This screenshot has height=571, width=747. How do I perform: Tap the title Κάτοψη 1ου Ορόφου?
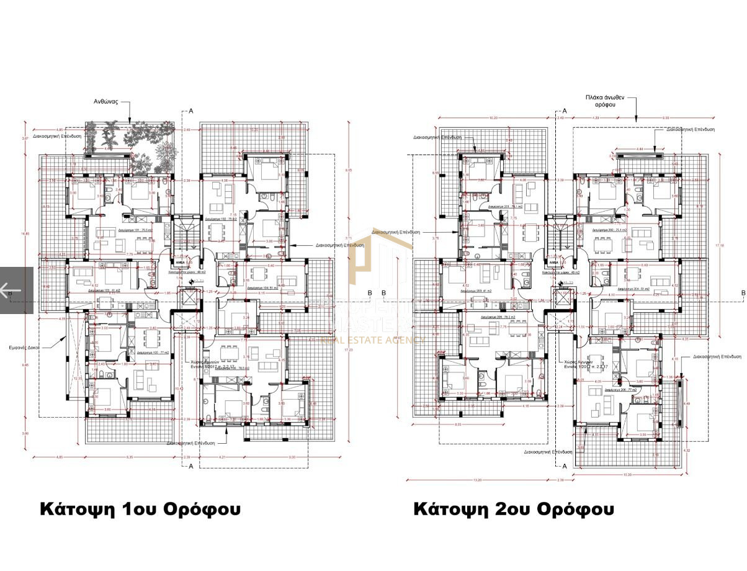(140, 509)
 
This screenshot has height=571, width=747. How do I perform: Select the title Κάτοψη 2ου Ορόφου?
(514, 509)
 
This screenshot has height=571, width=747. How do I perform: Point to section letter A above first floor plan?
(191, 110)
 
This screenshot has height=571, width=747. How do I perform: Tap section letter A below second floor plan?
(564, 466)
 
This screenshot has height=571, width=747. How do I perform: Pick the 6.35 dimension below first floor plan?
(129, 457)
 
